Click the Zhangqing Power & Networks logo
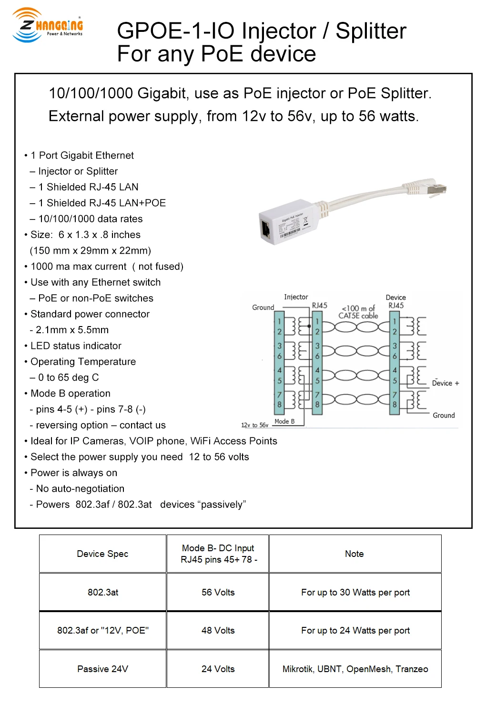(47, 26)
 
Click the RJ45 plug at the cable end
(436, 188)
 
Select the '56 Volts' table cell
(218, 592)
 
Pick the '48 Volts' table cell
(218, 630)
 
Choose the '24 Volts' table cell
(218, 669)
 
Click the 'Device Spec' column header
(102, 554)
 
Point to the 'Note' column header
(354, 554)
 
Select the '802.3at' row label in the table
(102, 592)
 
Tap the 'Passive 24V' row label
(102, 669)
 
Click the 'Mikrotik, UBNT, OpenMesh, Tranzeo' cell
(355, 669)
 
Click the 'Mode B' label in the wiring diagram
(284, 421)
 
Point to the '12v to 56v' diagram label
(254, 425)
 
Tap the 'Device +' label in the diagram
(445, 383)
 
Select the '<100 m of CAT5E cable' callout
(358, 312)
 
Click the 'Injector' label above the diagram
(296, 297)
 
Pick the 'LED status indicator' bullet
(76, 346)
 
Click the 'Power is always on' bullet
(74, 473)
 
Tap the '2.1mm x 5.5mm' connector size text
(72, 330)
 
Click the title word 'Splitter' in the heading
(371, 31)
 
